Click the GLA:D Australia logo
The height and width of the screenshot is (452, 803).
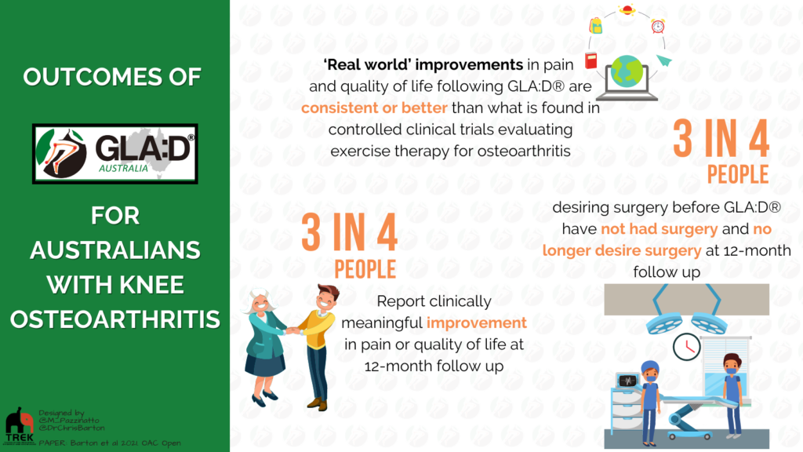coord(114,153)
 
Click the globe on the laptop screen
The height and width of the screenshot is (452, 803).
coord(627,71)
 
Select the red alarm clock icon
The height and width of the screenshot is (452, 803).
coord(658,26)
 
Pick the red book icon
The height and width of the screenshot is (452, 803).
coord(591,60)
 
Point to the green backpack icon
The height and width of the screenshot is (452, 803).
coord(596,25)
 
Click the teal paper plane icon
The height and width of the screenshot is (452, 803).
coord(663,60)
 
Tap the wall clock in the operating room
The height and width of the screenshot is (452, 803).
coord(686,347)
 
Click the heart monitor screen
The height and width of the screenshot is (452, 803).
coord(627,381)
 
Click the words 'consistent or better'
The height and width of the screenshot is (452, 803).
coord(374,108)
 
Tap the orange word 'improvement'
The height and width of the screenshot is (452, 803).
coord(476,323)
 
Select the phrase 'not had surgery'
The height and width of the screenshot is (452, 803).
coord(659,228)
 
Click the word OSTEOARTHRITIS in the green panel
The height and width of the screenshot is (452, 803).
coord(115,319)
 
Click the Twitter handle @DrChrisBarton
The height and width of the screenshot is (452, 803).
coord(71,428)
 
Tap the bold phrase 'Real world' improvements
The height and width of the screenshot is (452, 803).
coord(423,64)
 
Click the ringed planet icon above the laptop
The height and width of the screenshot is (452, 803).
coord(627,9)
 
